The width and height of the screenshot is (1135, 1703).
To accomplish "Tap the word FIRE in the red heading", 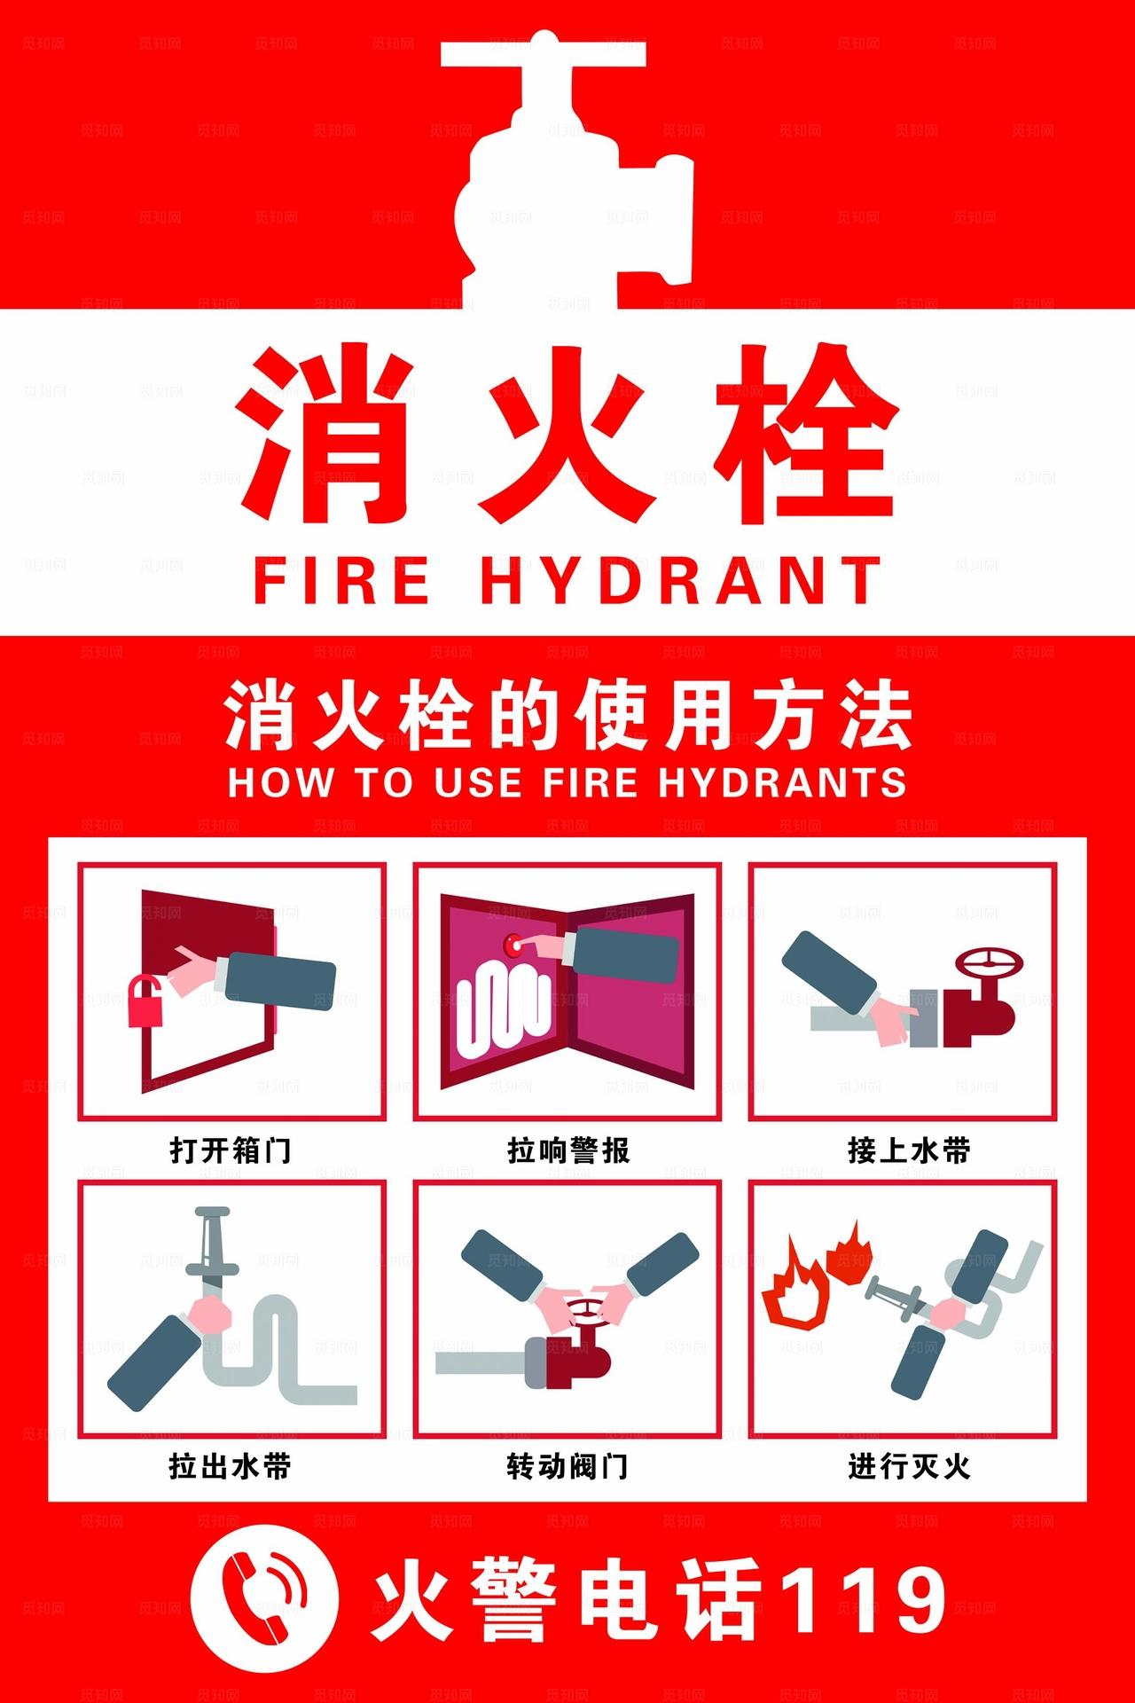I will (x=341, y=581).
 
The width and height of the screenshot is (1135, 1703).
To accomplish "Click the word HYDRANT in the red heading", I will (x=680, y=581).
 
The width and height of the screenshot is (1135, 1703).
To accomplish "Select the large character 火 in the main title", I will (x=567, y=435).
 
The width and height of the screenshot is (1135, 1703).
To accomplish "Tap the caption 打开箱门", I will (x=231, y=1150).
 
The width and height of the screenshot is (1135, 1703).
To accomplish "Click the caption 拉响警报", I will (x=567, y=1150).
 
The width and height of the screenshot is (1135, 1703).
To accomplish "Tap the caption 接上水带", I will (x=908, y=1150).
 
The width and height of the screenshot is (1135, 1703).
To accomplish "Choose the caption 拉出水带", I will (x=231, y=1466).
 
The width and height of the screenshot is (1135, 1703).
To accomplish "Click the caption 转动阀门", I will (x=567, y=1466).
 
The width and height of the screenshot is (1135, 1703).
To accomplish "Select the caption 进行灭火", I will (x=908, y=1466).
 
